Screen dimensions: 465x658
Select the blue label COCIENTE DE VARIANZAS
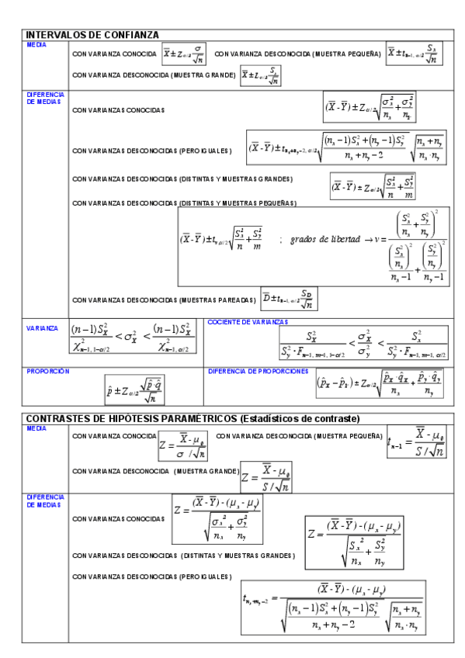pos(248,321)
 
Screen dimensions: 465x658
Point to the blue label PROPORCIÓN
pos(48,371)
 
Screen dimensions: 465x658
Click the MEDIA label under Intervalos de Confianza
pos(36,44)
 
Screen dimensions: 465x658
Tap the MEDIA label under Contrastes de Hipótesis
pos(36,428)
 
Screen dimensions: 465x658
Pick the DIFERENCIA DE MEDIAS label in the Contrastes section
pos(45,499)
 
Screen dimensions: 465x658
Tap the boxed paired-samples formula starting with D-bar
pos(289,299)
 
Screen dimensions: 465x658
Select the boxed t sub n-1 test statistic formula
pos(416,442)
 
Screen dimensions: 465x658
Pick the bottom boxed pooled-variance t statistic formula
pos(334,607)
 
